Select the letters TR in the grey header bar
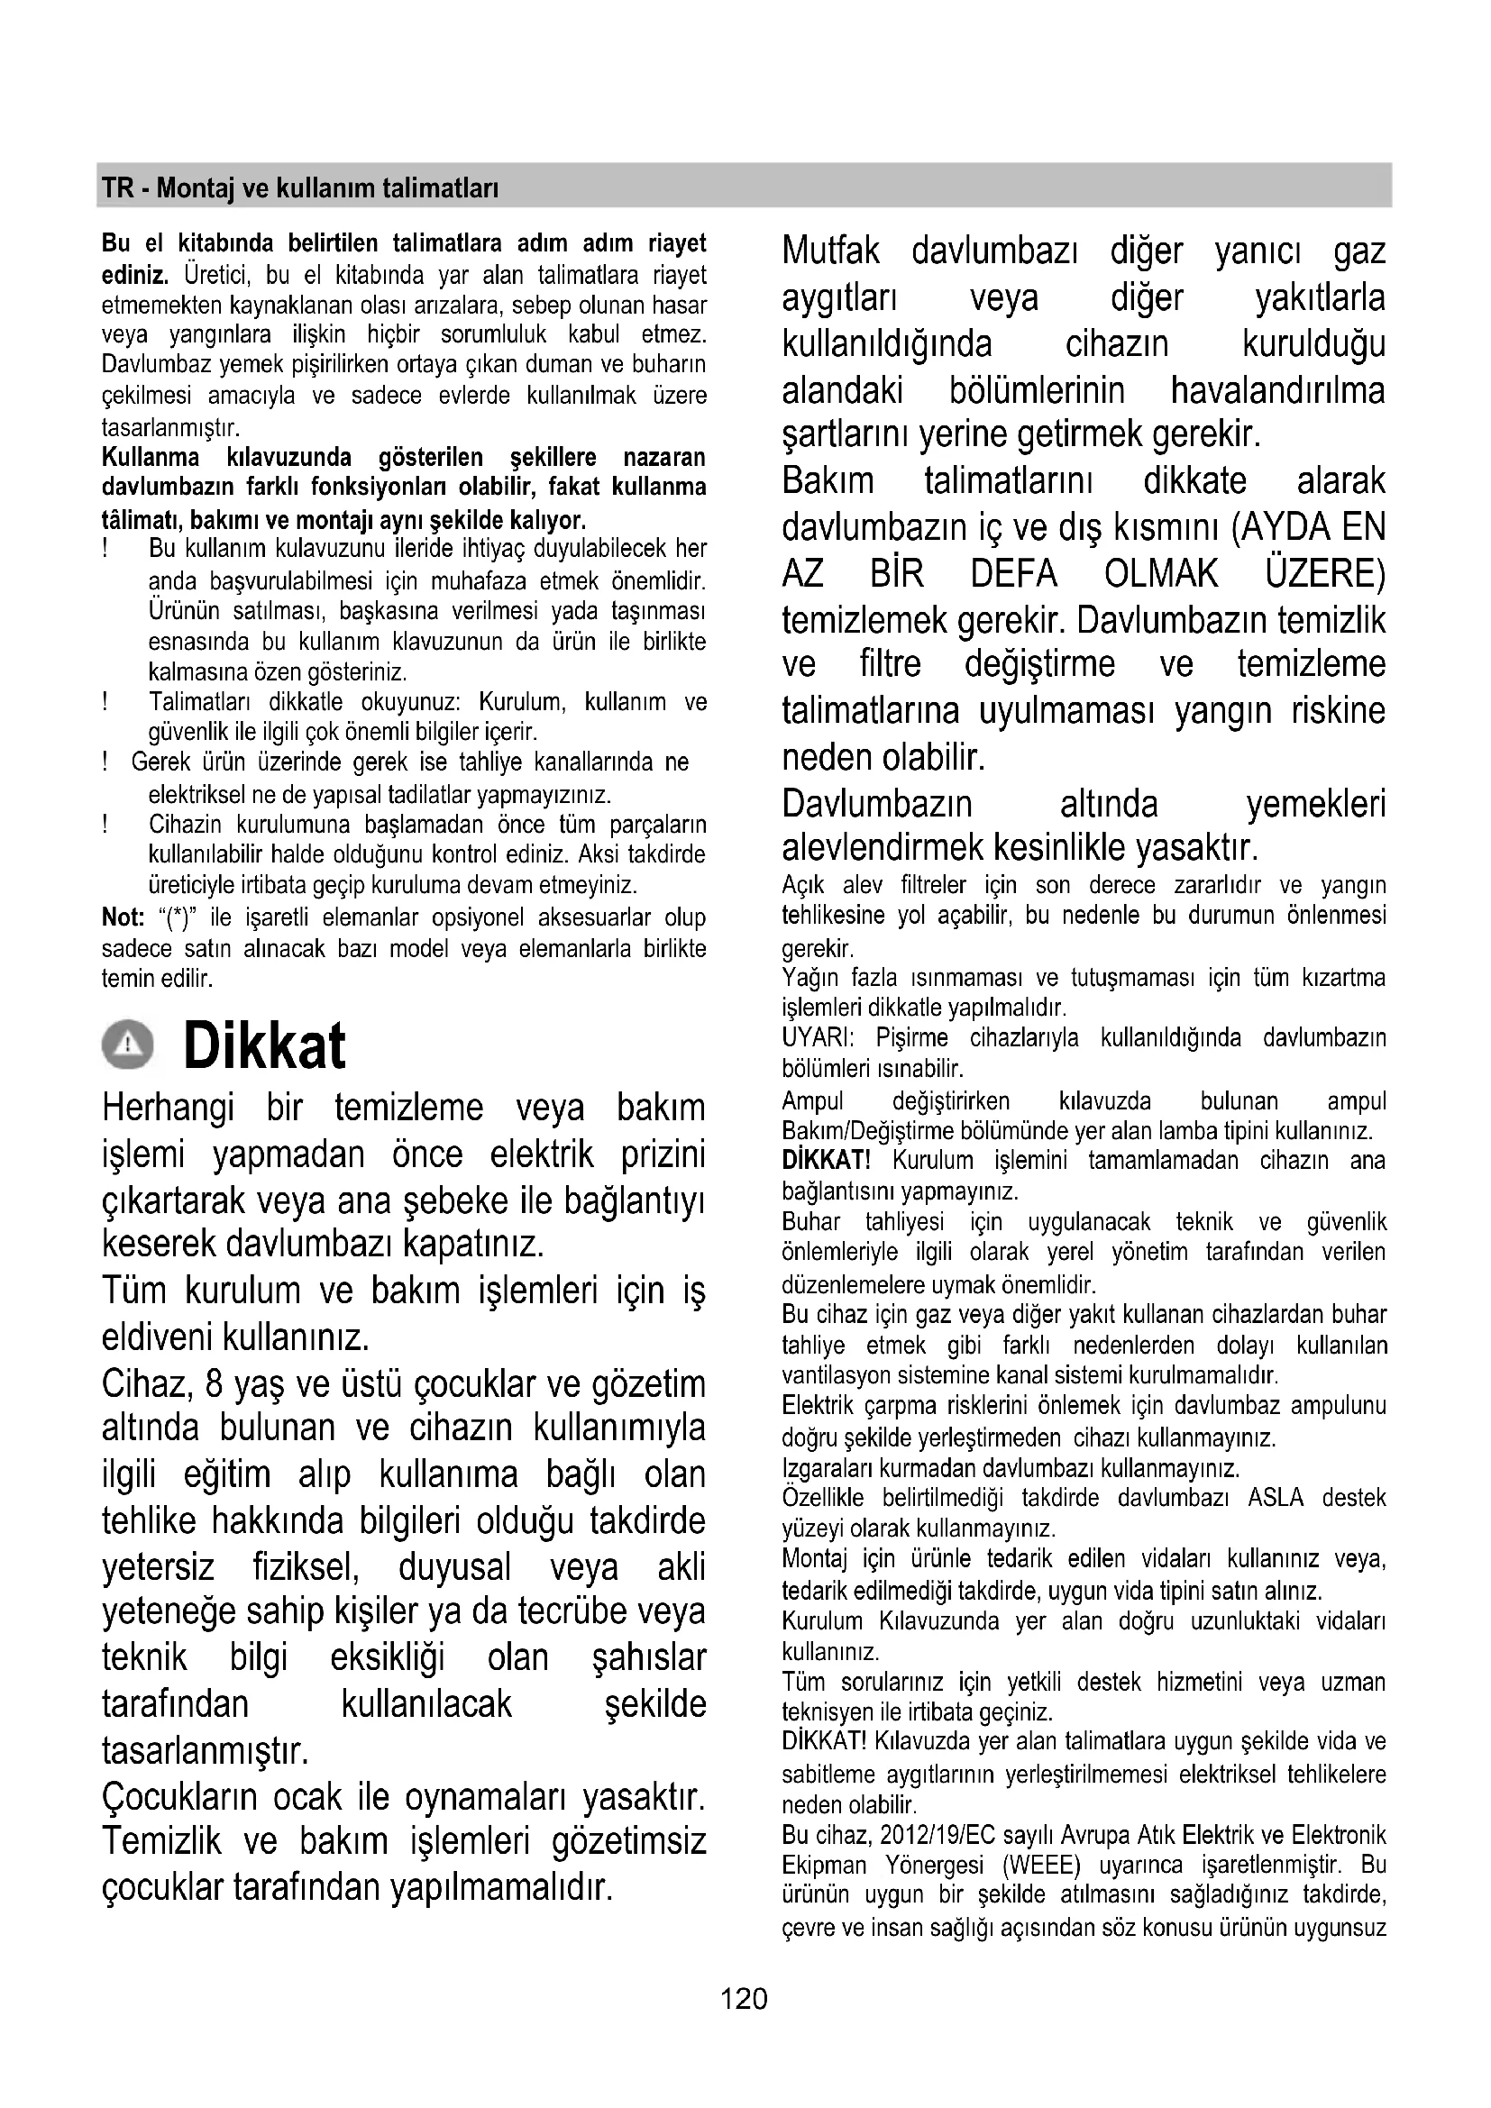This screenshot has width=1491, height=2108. click(117, 189)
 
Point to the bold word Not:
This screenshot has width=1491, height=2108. click(123, 917)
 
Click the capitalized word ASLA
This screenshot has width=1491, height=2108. click(1276, 1498)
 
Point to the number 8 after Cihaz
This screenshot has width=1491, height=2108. click(215, 1383)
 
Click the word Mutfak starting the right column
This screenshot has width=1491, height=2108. click(831, 251)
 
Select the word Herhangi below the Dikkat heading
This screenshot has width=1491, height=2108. click(168, 1108)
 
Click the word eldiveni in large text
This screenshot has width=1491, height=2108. click(157, 1337)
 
